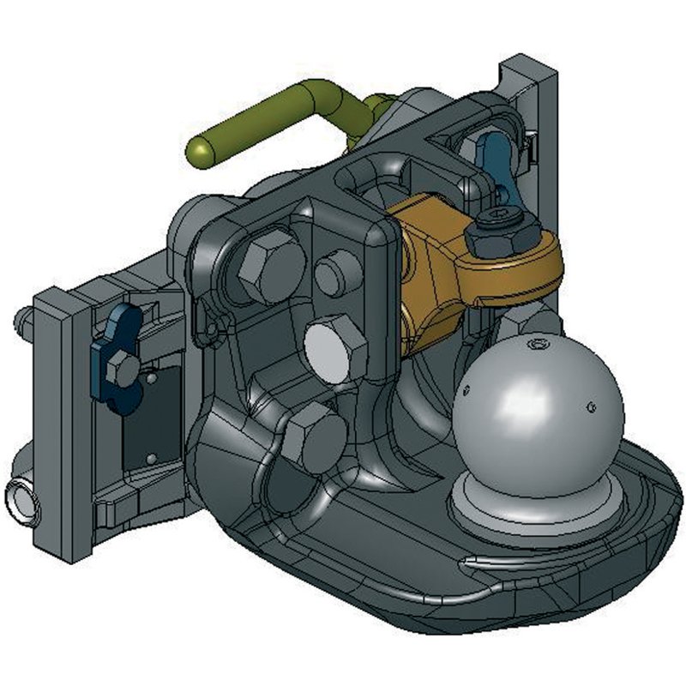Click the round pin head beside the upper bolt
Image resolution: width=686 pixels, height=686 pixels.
[338, 274]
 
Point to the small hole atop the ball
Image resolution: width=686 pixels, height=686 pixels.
[538, 345]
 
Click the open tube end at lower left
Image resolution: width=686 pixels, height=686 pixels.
[21, 498]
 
